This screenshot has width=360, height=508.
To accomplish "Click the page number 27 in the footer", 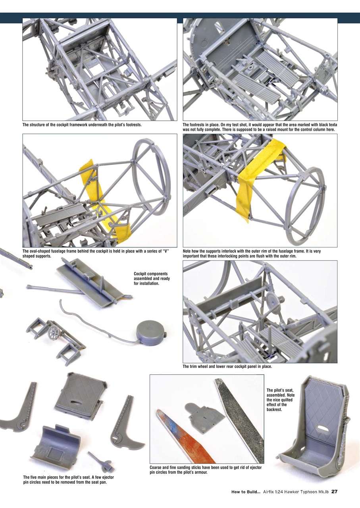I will [x=334, y=492].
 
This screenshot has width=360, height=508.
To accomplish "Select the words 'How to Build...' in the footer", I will [x=246, y=492].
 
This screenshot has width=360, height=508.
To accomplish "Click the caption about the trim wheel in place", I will [x=227, y=367].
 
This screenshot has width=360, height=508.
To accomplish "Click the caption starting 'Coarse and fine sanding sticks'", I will [x=206, y=470].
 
